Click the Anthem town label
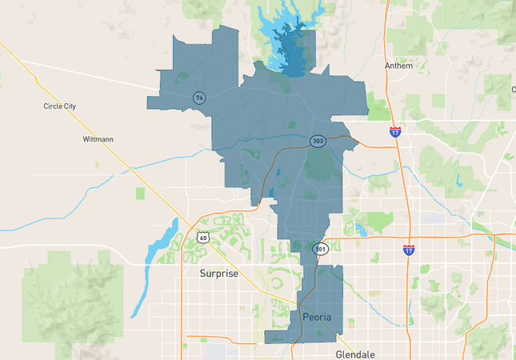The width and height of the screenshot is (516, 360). point(398,66)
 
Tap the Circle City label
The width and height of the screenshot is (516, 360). point(59,106)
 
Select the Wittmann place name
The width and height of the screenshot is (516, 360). point(98,139)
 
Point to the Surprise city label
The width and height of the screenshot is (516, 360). point(218,274)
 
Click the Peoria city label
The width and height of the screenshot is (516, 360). point(322,318)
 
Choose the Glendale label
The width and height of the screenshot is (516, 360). point(354,354)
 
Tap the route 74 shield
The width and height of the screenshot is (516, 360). point(198,98)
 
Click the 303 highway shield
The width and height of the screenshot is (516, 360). point(318,142)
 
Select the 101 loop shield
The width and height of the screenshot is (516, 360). point(320,248)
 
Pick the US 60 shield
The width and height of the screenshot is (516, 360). point(202,237)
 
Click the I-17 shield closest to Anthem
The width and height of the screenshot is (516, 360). point(395,132)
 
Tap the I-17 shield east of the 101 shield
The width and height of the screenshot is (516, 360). point(409,250)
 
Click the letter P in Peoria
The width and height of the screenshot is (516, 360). point(307,318)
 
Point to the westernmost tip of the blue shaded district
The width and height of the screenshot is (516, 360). point(148,102)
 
